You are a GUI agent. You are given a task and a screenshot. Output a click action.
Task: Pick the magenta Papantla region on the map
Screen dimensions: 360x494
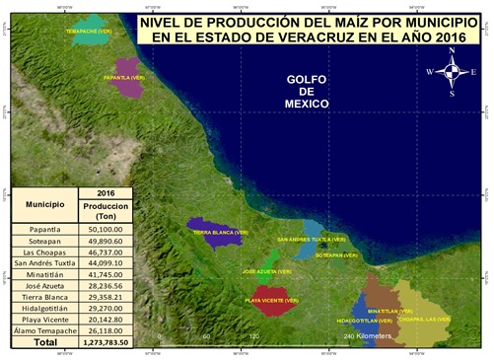126,81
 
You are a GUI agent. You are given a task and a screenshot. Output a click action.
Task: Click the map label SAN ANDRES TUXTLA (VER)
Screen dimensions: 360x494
312,240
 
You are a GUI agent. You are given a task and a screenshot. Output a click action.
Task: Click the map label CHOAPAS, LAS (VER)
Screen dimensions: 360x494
425,319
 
